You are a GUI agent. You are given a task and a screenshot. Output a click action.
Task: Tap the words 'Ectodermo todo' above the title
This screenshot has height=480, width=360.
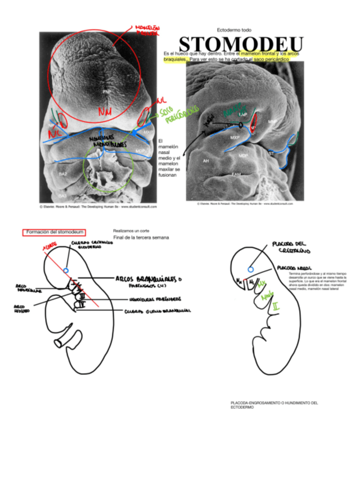tap(234, 29)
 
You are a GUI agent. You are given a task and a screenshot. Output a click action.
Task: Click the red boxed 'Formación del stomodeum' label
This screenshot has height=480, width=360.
tap(54, 232)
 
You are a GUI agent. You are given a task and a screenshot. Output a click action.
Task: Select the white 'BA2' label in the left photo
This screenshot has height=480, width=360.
tap(63, 174)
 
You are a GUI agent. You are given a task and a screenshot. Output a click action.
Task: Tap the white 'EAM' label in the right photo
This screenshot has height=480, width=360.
tap(236, 174)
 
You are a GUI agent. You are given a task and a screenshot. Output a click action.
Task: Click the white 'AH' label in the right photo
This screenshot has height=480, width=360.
tap(206, 161)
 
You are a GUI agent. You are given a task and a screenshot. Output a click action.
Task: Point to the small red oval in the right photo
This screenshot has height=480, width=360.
tap(255, 120)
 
